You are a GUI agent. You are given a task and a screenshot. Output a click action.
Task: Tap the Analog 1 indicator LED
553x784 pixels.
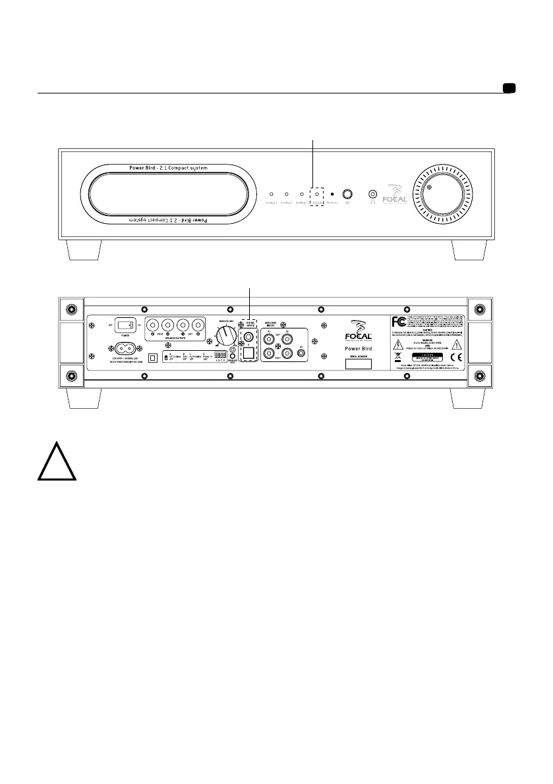pyautogui.click(x=270, y=194)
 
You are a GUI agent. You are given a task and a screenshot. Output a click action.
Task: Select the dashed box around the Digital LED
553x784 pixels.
pyautogui.click(x=318, y=196)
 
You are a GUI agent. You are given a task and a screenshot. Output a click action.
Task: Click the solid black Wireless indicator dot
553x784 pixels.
pyautogui.click(x=333, y=194)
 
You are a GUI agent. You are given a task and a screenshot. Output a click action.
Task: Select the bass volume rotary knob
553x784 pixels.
pyautogui.click(x=225, y=338)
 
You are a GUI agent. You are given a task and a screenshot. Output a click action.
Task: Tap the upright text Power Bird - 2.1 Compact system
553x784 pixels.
pyautogui.click(x=168, y=168)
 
